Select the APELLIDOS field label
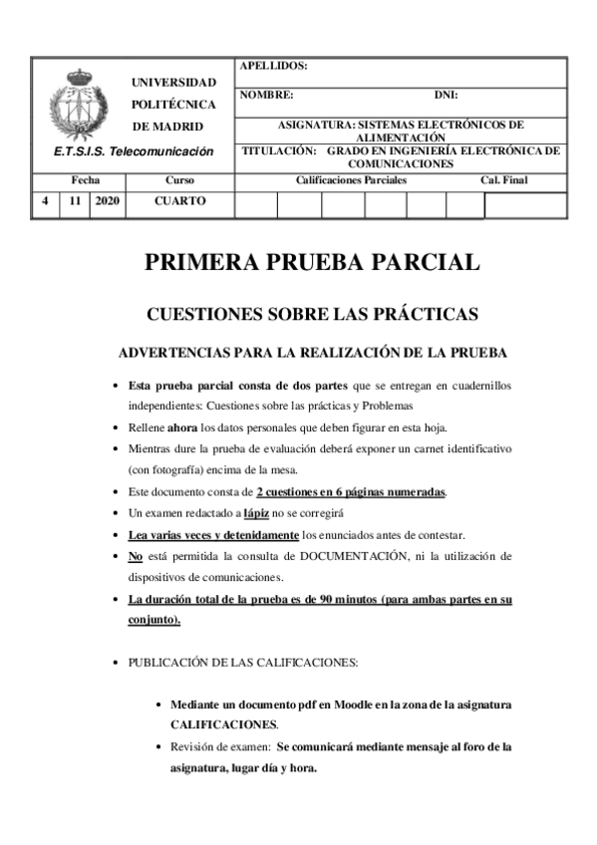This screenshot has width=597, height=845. [274, 66]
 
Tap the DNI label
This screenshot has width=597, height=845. [445, 96]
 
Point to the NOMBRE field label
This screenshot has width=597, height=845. [268, 96]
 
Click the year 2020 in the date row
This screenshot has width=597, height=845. [106, 200]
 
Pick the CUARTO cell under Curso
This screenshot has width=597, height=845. [180, 200]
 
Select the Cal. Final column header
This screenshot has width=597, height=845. [504, 180]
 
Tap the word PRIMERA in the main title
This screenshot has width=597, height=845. [202, 263]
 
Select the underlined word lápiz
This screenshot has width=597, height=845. [257, 513]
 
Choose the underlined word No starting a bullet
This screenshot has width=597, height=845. [137, 555]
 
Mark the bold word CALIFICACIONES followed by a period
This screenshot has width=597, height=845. [224, 724]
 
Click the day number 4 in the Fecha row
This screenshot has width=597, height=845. [44, 200]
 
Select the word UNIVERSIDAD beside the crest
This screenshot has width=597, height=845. [174, 82]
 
